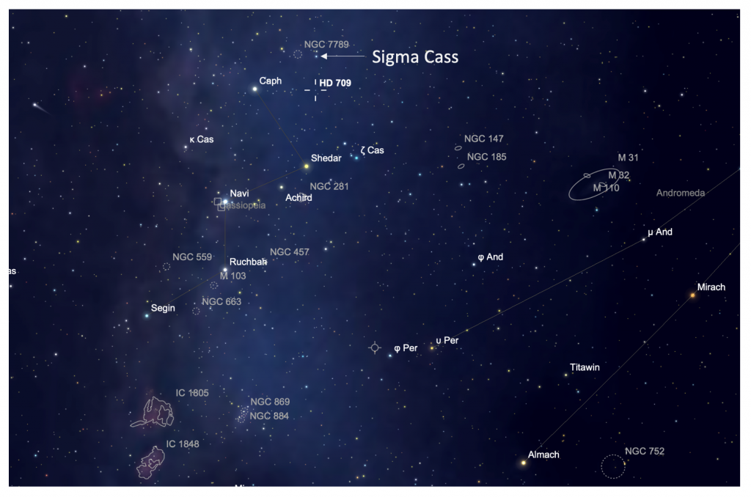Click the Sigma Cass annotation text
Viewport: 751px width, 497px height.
pyautogui.click(x=415, y=56)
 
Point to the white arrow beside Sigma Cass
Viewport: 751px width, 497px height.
pyautogui.click(x=344, y=56)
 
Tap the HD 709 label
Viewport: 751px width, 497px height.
pyautogui.click(x=335, y=83)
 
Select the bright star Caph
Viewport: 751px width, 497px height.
pyautogui.click(x=255, y=89)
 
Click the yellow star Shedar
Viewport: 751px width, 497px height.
pyautogui.click(x=307, y=166)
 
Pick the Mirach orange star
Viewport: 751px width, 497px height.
pyautogui.click(x=692, y=295)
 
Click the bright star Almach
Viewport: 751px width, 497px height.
pyautogui.click(x=524, y=463)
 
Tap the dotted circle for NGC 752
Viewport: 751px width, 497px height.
pyautogui.click(x=613, y=466)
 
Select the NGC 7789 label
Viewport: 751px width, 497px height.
pyautogui.click(x=321, y=45)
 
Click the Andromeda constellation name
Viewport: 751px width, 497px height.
pyautogui.click(x=681, y=193)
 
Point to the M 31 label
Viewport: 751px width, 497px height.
pyautogui.click(x=629, y=158)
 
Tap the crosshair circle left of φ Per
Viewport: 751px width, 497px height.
pyautogui.click(x=375, y=347)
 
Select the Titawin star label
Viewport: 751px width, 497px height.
pyautogui.click(x=585, y=367)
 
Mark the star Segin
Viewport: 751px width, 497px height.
pyautogui.click(x=147, y=316)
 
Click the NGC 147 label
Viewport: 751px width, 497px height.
pyautogui.click(x=483, y=139)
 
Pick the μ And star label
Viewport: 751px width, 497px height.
pyautogui.click(x=659, y=232)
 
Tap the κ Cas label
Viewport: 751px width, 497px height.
pyautogui.click(x=201, y=139)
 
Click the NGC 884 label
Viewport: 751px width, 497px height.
pyautogui.click(x=269, y=416)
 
